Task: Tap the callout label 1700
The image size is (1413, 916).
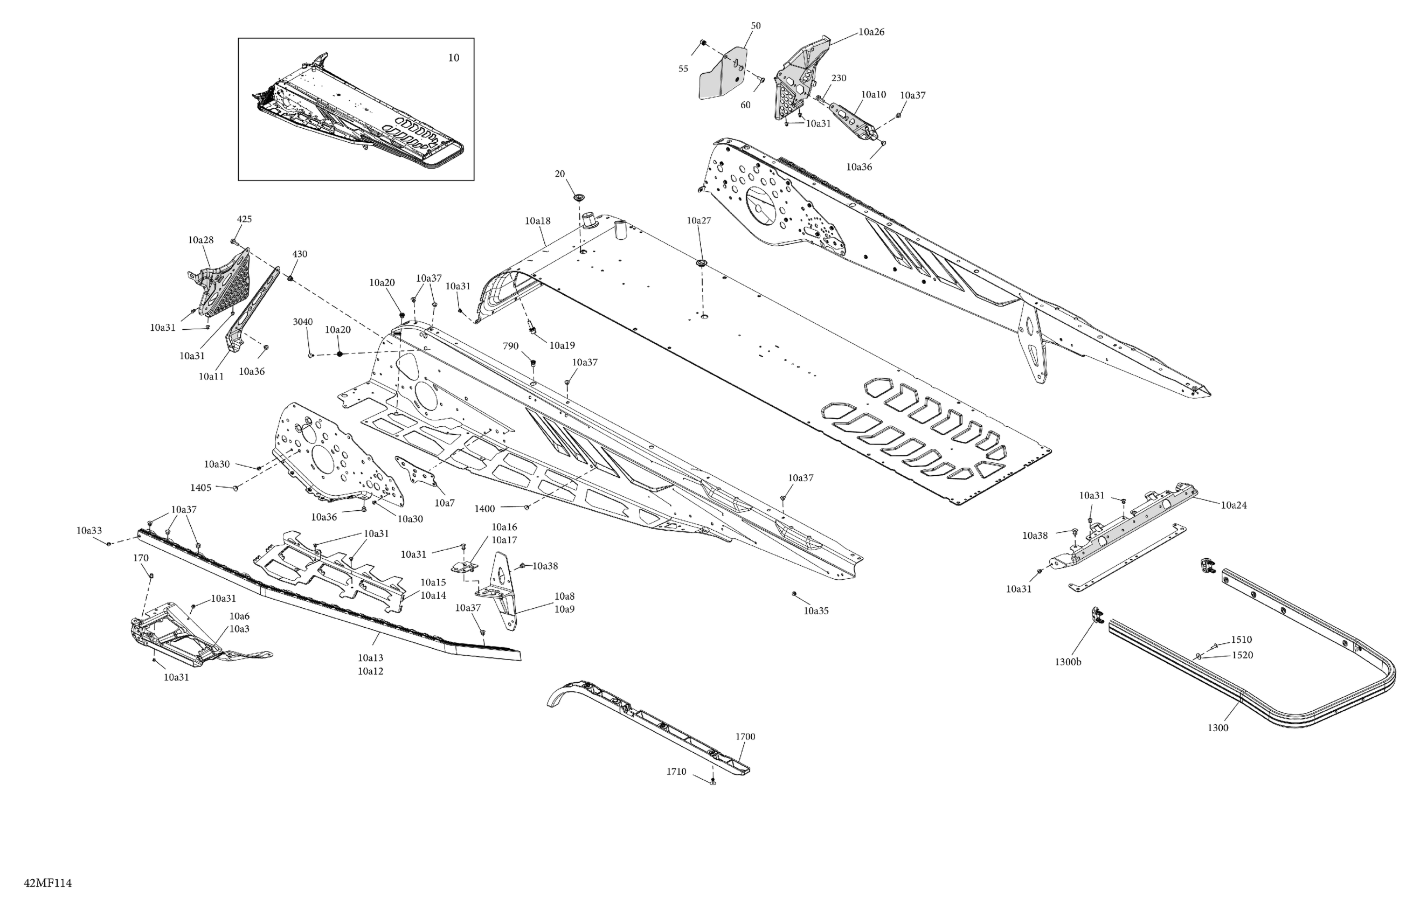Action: [x=745, y=737]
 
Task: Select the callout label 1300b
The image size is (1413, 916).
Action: [x=1068, y=662]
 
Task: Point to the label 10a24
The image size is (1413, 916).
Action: [x=1234, y=505]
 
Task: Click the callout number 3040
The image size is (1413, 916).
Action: [x=303, y=322]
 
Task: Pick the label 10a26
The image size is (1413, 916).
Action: [x=871, y=32]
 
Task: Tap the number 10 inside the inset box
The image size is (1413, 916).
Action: [x=453, y=58]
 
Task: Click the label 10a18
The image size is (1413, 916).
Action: [x=537, y=221]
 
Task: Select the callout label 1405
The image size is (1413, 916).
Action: [x=200, y=488]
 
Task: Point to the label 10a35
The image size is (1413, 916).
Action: [x=816, y=611]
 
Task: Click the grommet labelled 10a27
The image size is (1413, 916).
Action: [x=703, y=262]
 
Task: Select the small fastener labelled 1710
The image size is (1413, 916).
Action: [x=713, y=782]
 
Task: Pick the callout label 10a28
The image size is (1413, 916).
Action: [x=200, y=240]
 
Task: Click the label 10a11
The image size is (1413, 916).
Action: [x=211, y=377]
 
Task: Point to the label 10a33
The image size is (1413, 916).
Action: [x=88, y=530]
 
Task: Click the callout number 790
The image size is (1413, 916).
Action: [x=510, y=346]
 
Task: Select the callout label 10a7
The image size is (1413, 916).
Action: [x=444, y=503]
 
